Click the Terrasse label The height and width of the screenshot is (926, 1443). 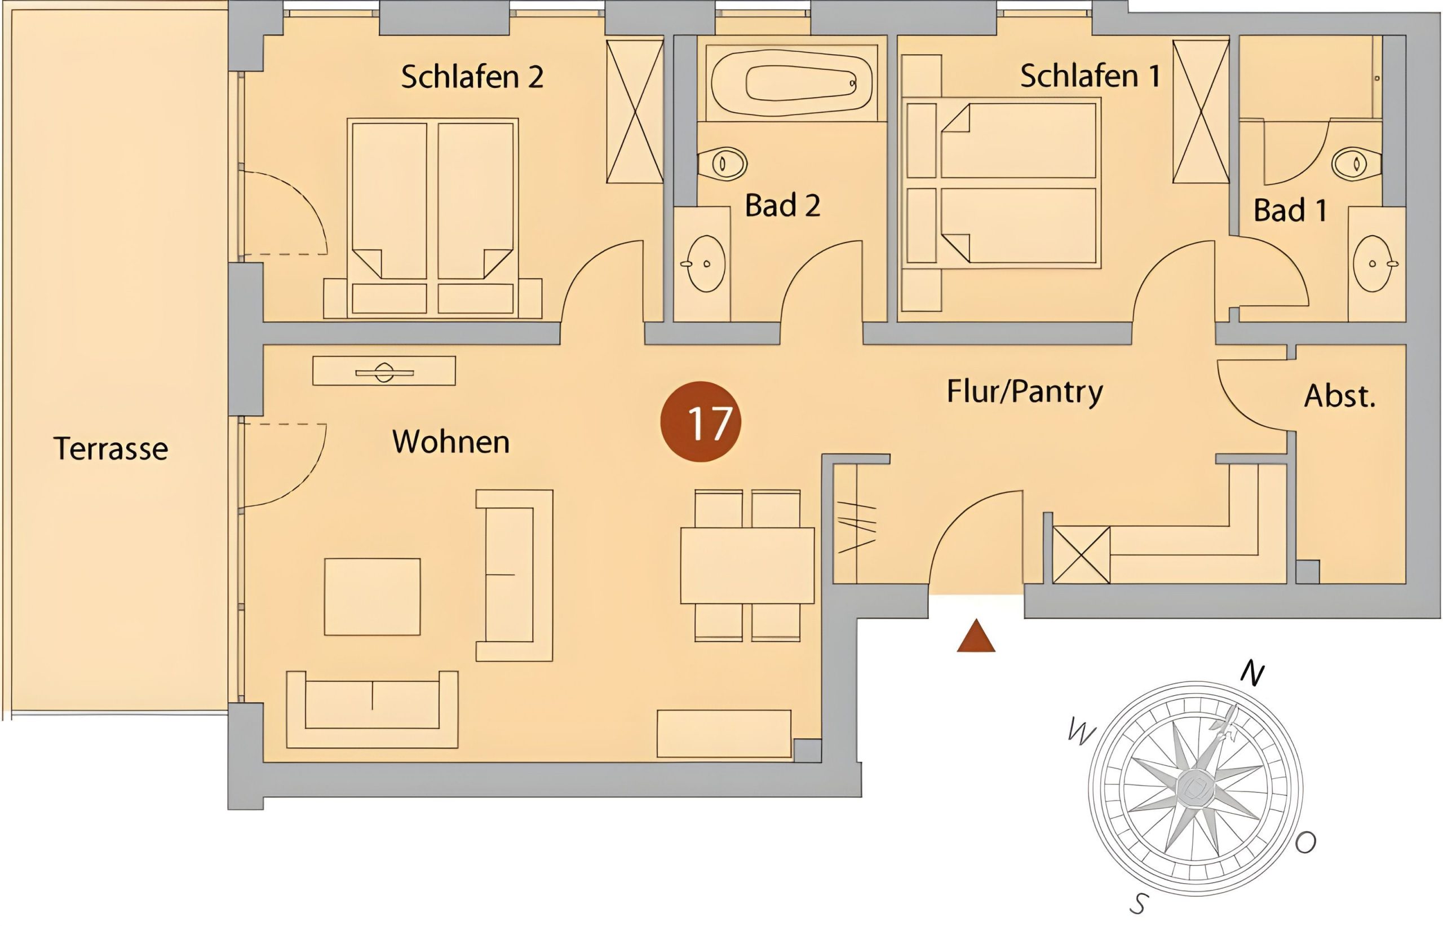111,448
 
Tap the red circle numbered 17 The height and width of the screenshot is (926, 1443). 701,421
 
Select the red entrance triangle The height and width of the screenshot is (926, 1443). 976,636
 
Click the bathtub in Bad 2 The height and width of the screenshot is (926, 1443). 791,82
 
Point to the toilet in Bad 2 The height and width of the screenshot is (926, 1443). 723,163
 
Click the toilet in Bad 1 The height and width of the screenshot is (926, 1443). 1356,163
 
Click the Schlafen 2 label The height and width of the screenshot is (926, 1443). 472,77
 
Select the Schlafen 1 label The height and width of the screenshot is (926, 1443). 1090,76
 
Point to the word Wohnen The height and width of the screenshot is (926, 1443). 451,442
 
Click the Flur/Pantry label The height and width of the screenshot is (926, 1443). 1025,392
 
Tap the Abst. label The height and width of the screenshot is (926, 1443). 1340,396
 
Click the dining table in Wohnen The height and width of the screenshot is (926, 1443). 747,565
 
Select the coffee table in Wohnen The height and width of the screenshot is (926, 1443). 372,597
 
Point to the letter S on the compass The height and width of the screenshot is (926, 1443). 1139,902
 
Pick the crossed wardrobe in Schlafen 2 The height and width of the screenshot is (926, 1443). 635,111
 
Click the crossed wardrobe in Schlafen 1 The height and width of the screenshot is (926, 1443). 1201,111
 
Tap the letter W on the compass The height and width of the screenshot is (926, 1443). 1081,733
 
